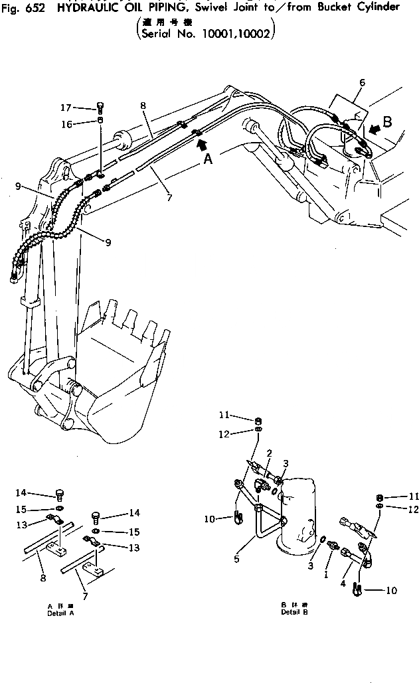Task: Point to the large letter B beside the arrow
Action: click(388, 122)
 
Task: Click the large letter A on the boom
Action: click(207, 159)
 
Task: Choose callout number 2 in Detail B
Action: click(269, 453)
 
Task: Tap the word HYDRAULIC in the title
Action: click(82, 7)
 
